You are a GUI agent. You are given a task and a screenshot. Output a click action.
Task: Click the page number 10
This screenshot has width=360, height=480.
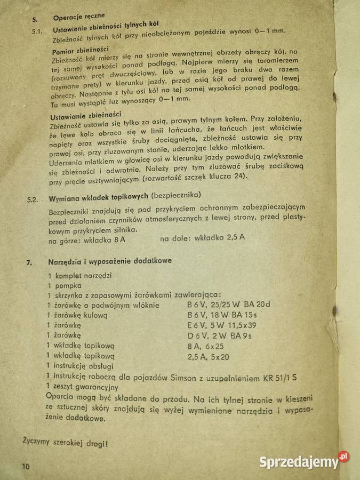(26, 466)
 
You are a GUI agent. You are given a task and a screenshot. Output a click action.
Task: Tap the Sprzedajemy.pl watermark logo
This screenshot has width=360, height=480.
(304, 461)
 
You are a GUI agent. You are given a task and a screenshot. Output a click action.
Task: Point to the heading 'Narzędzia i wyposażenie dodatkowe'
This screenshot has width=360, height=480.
(109, 262)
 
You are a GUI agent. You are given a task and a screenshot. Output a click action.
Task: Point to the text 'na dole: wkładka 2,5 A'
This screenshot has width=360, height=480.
(203, 238)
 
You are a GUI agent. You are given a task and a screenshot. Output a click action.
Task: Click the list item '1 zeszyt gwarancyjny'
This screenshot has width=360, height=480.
(83, 386)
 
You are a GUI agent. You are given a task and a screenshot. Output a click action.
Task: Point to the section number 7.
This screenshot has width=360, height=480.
(30, 262)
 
